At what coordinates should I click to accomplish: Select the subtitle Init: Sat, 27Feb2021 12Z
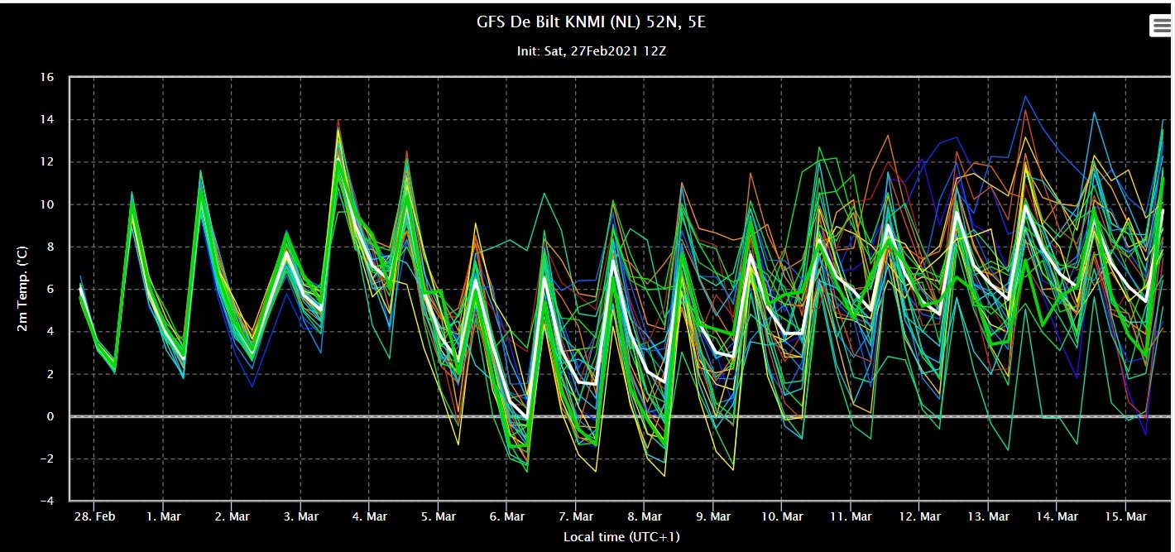tap(591, 51)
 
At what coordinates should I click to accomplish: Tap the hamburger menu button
tap(1160, 25)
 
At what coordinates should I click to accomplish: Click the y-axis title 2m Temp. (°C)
tap(22, 289)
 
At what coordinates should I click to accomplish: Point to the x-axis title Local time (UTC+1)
tap(621, 537)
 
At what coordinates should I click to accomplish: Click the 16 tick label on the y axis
tap(47, 77)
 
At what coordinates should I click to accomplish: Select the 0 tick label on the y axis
tap(50, 416)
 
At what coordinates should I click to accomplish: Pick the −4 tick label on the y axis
tap(47, 501)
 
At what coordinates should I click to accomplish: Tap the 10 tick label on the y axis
tap(47, 204)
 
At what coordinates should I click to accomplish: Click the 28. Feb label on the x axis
tap(94, 516)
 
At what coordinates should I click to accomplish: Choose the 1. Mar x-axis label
tap(163, 516)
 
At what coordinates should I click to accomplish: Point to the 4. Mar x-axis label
tap(369, 516)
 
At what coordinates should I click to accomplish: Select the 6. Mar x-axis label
tap(506, 516)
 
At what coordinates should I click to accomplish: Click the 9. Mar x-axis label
tap(713, 516)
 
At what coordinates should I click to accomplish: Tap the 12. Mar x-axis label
tap(919, 516)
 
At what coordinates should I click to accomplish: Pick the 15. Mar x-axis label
tap(1125, 516)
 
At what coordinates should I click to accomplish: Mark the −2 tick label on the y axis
tap(47, 458)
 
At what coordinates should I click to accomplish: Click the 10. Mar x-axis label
tap(782, 516)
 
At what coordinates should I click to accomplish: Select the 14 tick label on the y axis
tap(47, 120)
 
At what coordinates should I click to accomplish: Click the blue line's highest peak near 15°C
tap(1025, 97)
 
